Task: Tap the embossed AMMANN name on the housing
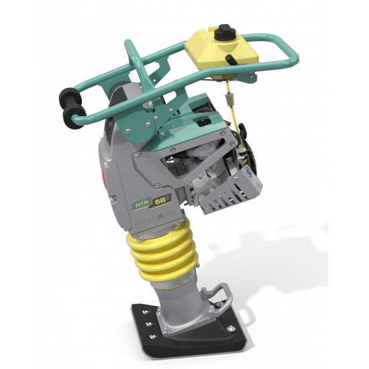(x=159, y=219)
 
